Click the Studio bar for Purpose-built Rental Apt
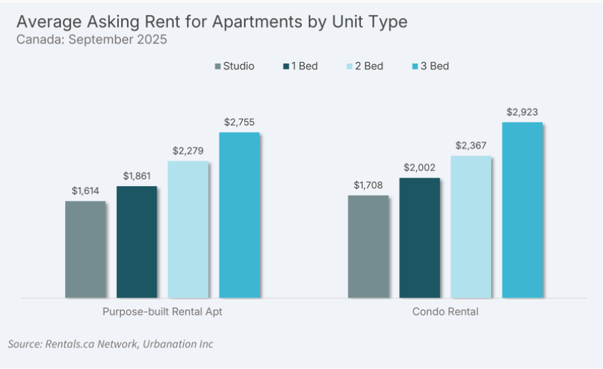85,249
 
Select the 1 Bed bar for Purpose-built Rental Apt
137,242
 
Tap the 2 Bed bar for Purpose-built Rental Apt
188,229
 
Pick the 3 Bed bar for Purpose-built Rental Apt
239,215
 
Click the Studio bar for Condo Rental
368,246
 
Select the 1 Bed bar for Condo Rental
420,238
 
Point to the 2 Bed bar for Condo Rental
471,226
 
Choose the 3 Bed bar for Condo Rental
522,210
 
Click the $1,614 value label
85,191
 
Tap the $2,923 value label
522,112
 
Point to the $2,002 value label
420,168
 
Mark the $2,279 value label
188,151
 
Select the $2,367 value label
471,146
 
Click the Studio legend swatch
217,66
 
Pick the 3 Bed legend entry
433,66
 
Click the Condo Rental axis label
445,311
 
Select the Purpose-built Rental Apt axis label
162,311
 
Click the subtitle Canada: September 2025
91,40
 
